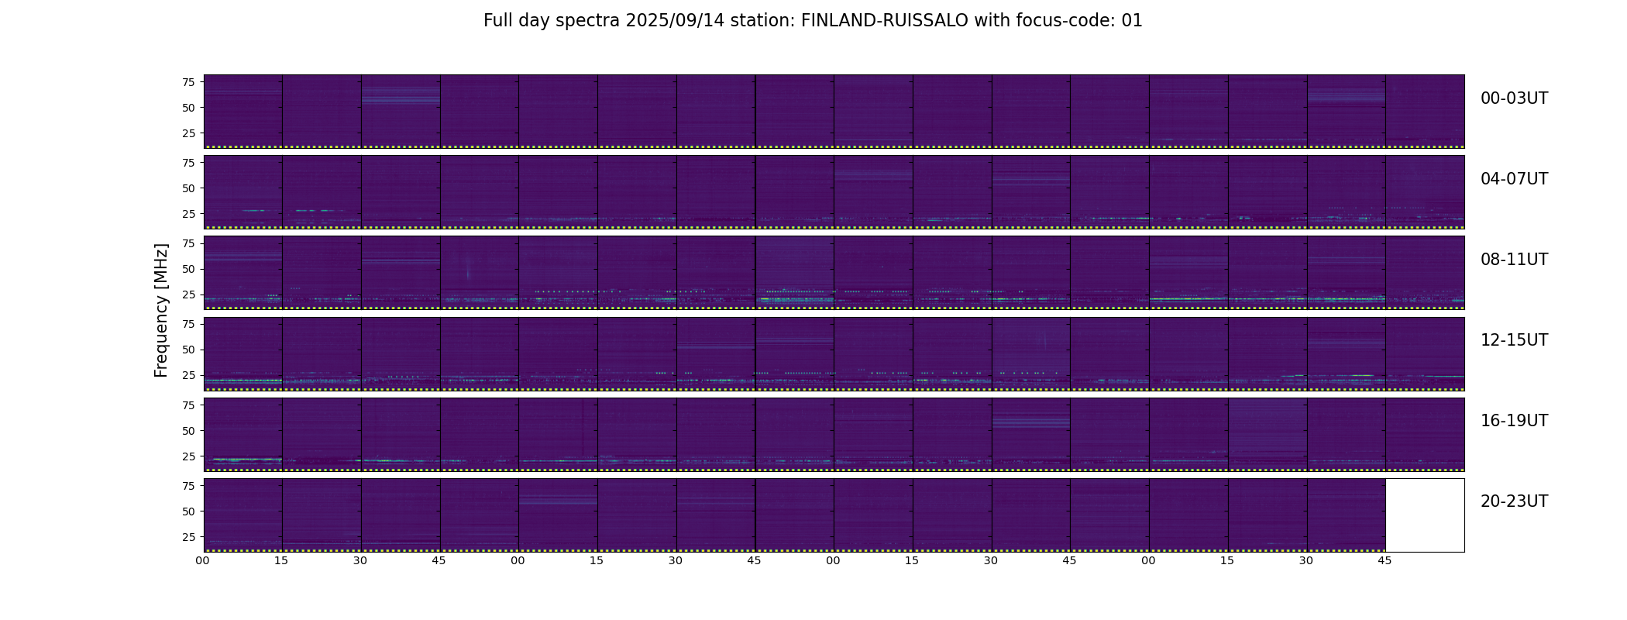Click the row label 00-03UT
click(1514, 98)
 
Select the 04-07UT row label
click(1514, 179)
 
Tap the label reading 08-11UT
click(1514, 260)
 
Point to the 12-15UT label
click(1514, 340)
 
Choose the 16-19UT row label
click(1514, 421)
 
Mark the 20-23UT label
click(1514, 501)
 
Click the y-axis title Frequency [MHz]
click(161, 310)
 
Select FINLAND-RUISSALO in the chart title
click(884, 21)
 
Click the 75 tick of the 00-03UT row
click(188, 82)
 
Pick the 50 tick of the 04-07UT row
click(188, 188)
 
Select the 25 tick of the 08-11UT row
click(188, 294)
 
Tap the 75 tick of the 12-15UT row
click(188, 324)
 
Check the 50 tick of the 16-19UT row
click(188, 430)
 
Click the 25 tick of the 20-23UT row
click(188, 536)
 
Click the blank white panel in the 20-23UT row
click(1424, 515)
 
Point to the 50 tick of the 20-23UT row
click(188, 511)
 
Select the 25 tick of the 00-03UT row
click(188, 133)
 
